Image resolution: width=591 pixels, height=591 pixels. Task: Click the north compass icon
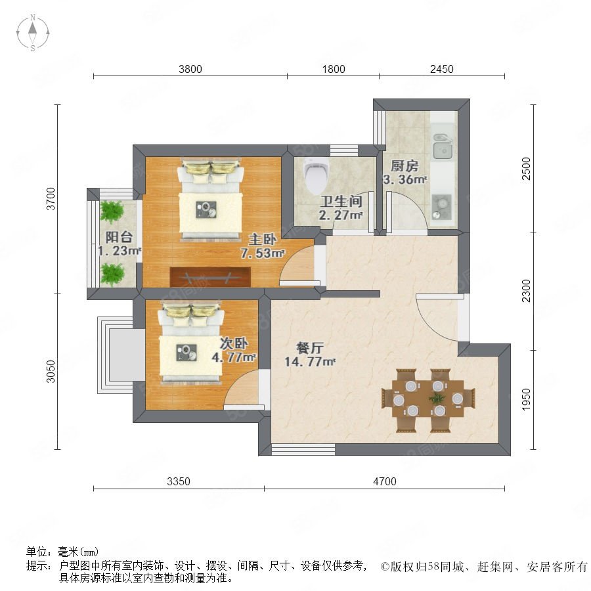click(33, 32)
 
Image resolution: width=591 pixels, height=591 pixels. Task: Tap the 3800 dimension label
click(190, 69)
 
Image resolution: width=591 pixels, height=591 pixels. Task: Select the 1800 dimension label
click(334, 69)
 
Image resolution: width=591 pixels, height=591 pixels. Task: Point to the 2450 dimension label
click(442, 69)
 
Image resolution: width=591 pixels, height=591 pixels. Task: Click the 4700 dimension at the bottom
click(385, 481)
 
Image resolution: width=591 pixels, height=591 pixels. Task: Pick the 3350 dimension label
click(178, 481)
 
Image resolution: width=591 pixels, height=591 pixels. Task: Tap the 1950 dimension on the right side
click(526, 399)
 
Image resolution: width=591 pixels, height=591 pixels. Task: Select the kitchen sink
click(443, 146)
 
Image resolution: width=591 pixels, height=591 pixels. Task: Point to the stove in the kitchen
click(441, 207)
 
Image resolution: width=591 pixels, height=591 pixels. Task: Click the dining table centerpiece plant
click(437, 398)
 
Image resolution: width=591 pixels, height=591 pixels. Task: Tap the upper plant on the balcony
click(112, 212)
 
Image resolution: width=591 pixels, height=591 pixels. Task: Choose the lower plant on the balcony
click(112, 273)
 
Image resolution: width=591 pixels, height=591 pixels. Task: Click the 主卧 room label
click(262, 239)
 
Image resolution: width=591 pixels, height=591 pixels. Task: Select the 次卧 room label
click(234, 343)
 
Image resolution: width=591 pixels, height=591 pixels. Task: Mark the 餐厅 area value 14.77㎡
click(309, 362)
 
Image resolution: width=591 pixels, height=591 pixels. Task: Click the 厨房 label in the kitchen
click(405, 166)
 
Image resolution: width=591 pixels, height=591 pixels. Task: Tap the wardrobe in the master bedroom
click(210, 276)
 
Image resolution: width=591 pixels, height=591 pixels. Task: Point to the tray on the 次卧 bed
click(186, 353)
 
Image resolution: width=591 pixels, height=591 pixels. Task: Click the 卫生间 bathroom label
click(341, 202)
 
